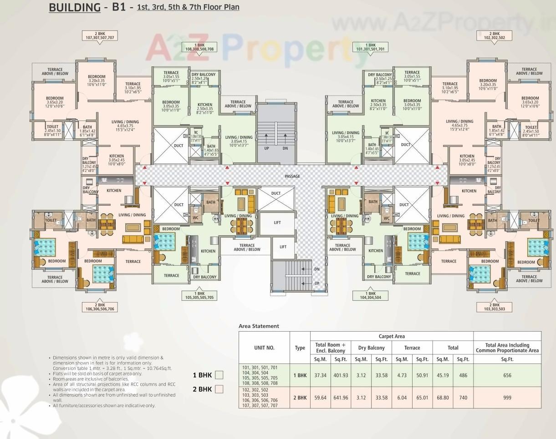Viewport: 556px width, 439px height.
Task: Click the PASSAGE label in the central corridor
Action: click(x=292, y=176)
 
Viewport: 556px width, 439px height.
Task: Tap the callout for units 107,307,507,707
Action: click(x=98, y=36)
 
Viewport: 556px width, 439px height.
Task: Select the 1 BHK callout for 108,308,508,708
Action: click(x=199, y=46)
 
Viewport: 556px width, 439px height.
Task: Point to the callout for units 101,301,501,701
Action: click(x=370, y=46)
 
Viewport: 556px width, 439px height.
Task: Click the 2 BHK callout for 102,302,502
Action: click(x=494, y=36)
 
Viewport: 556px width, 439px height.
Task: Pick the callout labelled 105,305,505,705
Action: click(x=199, y=295)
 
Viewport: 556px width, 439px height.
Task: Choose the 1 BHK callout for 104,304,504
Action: click(x=370, y=295)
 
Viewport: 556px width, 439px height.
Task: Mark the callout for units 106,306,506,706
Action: click(x=98, y=307)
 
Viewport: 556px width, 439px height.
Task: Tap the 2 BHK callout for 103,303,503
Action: click(x=494, y=307)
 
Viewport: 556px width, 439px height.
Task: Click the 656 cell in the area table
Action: click(x=507, y=375)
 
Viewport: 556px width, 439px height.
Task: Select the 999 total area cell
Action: click(x=507, y=398)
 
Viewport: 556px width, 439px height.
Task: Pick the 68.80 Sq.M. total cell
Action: click(x=443, y=398)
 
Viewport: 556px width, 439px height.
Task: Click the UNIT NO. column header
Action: click(x=264, y=348)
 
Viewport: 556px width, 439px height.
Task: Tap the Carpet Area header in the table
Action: click(x=392, y=337)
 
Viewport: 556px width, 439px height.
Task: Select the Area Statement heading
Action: click(x=259, y=326)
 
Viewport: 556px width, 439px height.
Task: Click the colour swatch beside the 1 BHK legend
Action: click(x=219, y=375)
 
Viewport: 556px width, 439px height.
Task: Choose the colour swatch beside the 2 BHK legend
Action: click(x=219, y=389)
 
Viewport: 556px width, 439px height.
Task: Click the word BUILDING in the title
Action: click(x=75, y=8)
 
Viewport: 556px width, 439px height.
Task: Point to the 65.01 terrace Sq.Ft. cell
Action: click(x=422, y=398)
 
